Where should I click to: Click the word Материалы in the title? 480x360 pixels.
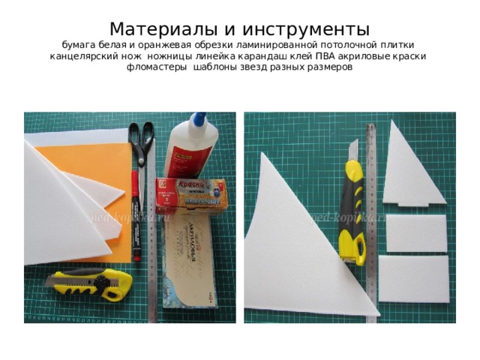pyautogui.click(x=163, y=29)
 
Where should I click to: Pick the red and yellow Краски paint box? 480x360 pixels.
pyautogui.click(x=190, y=195)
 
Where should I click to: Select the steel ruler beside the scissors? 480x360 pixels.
pyautogui.click(x=154, y=247)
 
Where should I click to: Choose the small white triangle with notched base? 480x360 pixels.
pyautogui.click(x=411, y=169)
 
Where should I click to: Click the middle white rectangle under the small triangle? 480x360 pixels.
pyautogui.click(x=415, y=232)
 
